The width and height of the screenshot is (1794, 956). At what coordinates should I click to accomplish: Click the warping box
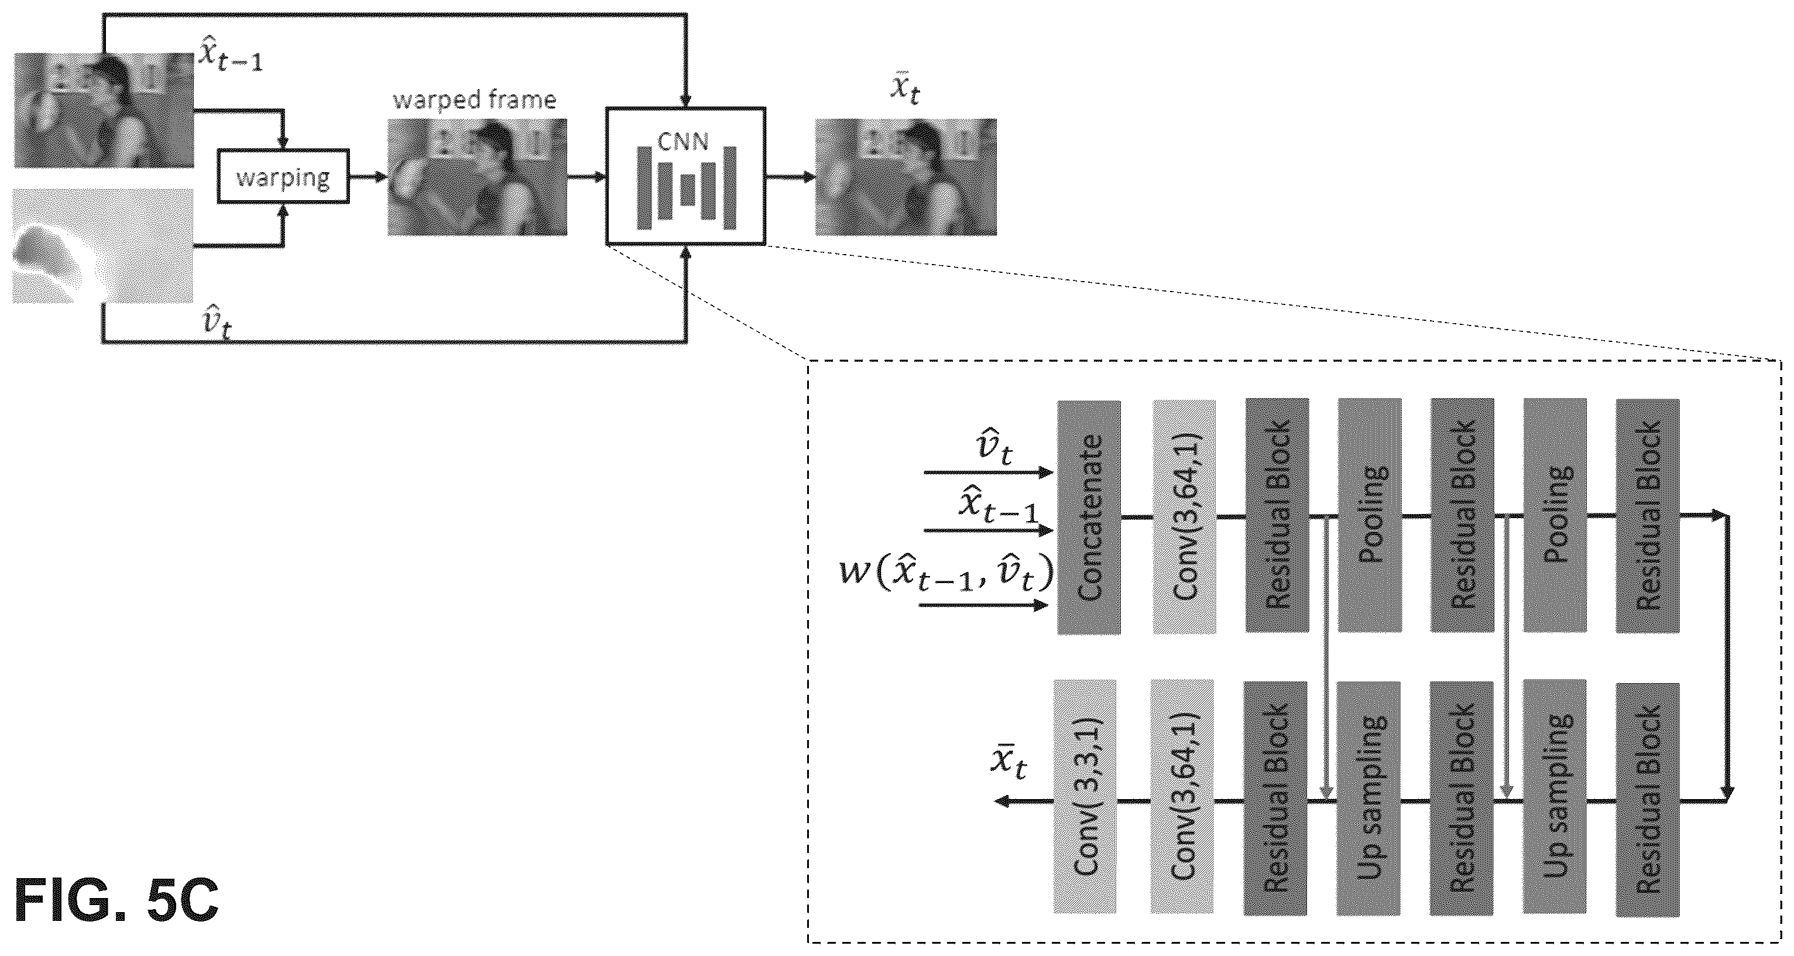283,176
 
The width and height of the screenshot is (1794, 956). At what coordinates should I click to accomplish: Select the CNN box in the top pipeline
685,176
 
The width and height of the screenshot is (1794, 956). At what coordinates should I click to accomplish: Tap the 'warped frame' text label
474,100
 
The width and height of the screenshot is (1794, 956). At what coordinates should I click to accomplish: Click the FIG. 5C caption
116,901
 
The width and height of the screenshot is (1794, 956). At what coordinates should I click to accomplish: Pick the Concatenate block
1089,517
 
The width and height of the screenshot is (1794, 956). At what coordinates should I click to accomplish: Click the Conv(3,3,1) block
1085,796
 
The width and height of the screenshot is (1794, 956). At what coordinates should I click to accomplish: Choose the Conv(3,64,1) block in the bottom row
1182,796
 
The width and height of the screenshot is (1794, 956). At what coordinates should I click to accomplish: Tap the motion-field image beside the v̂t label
103,246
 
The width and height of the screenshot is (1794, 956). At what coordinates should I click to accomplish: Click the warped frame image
477,177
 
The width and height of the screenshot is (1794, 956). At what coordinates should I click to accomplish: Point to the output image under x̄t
905,177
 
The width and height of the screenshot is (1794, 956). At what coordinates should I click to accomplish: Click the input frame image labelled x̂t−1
104,110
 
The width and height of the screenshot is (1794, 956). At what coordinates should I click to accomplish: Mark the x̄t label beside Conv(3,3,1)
1009,762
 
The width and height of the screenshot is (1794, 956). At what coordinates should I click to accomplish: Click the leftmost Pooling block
1370,515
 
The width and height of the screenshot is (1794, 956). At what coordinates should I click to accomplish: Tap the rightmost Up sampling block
1555,796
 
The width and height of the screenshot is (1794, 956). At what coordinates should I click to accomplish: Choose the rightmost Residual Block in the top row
1648,516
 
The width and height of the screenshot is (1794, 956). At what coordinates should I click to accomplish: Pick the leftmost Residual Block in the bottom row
1275,799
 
